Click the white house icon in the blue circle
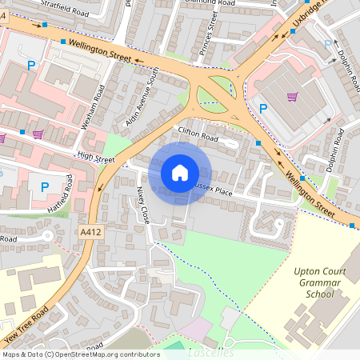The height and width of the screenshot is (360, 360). click(180, 172)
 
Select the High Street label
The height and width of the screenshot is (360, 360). click(95, 159)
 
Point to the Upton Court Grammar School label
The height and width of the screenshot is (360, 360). click(320, 282)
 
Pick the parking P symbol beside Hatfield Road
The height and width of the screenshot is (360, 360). click(44, 187)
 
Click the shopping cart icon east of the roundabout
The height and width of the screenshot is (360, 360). click(294, 98)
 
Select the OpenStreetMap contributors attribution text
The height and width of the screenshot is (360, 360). click(80, 354)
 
